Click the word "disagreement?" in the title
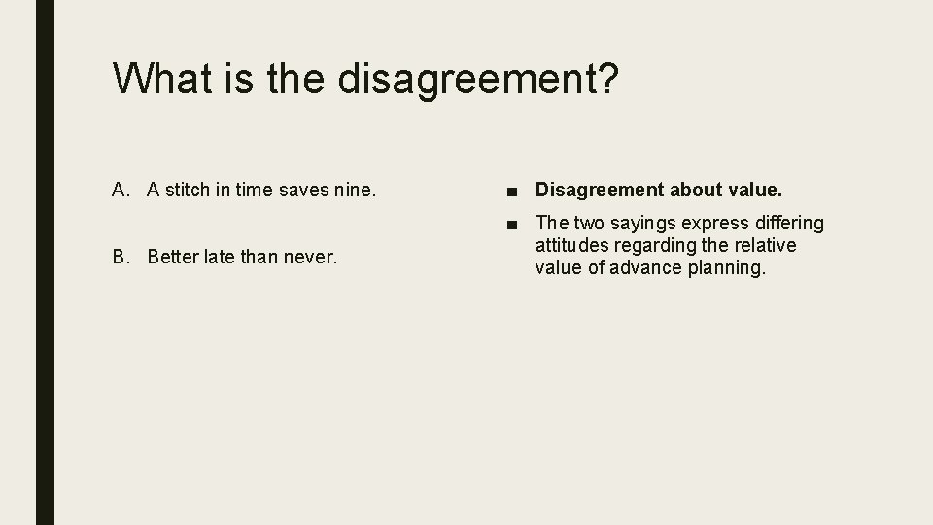pos(477,80)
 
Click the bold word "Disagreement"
pos(599,189)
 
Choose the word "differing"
pos(785,224)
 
